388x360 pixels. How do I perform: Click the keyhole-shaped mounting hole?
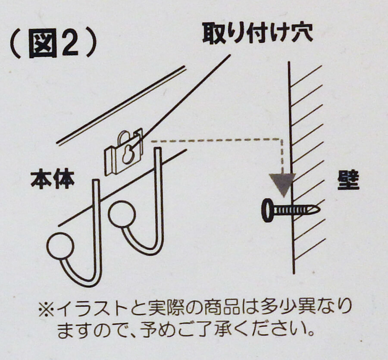tap(128, 155)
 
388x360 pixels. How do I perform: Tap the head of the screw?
tap(268, 210)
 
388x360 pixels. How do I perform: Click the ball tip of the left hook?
tap(60, 246)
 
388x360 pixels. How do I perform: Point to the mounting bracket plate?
tap(124, 154)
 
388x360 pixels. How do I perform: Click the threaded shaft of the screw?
tap(292, 210)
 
